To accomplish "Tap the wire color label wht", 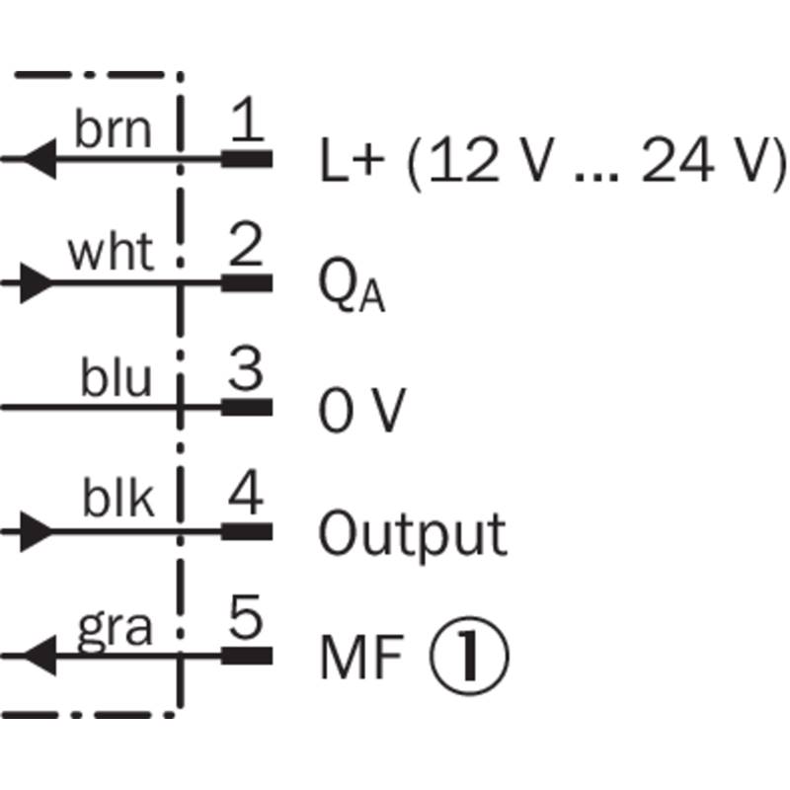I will click(x=111, y=255).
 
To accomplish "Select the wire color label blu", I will click(x=117, y=378).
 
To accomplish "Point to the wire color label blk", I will click(x=118, y=502).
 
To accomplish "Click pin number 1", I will click(x=248, y=124).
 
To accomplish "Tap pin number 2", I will click(x=246, y=249).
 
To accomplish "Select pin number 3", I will click(x=247, y=372).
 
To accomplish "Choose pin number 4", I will click(x=247, y=497).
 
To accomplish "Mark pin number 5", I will click(x=247, y=620).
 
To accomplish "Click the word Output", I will click(x=412, y=534).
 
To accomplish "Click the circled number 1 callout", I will click(x=469, y=657).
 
